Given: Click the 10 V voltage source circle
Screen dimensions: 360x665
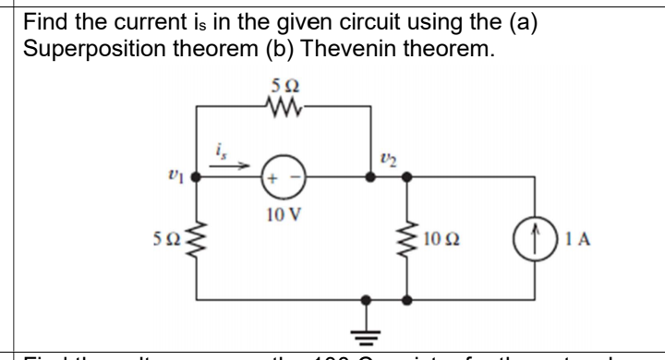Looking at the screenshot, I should (280, 180).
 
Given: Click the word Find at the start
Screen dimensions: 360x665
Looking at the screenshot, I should (46, 19).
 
